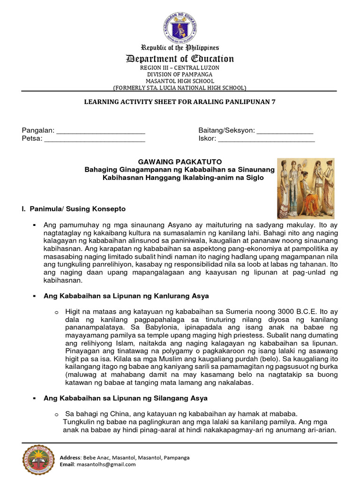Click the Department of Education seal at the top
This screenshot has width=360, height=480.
(x=180, y=27)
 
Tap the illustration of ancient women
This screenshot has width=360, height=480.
(x=306, y=188)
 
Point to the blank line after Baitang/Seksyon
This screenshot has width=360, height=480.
(x=285, y=130)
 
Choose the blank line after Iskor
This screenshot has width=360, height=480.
(x=267, y=139)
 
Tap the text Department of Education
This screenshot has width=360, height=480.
(x=180, y=59)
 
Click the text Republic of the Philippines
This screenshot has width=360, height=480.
(x=180, y=48)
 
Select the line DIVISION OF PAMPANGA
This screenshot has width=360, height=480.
(x=180, y=75)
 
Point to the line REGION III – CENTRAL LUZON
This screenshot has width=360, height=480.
(x=180, y=68)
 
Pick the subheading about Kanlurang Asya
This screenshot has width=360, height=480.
(x=126, y=296)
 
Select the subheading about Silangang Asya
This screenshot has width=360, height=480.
(x=125, y=398)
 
